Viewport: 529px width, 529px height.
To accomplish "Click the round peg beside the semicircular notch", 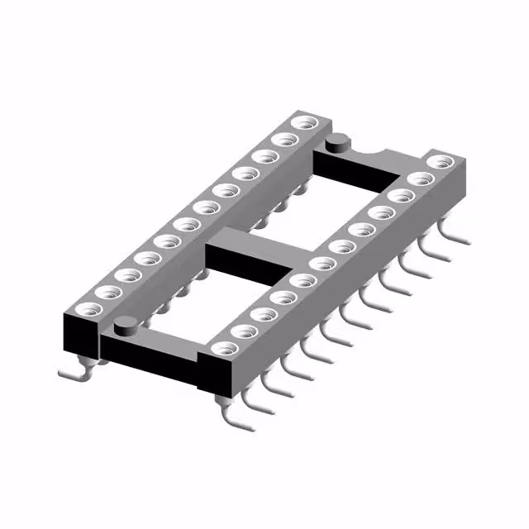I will click(x=336, y=145).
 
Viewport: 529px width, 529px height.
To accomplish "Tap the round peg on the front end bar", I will click(x=125, y=325).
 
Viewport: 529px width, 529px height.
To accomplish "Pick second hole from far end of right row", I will click(x=421, y=179).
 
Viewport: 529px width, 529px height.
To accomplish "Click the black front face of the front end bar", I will click(x=149, y=355).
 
